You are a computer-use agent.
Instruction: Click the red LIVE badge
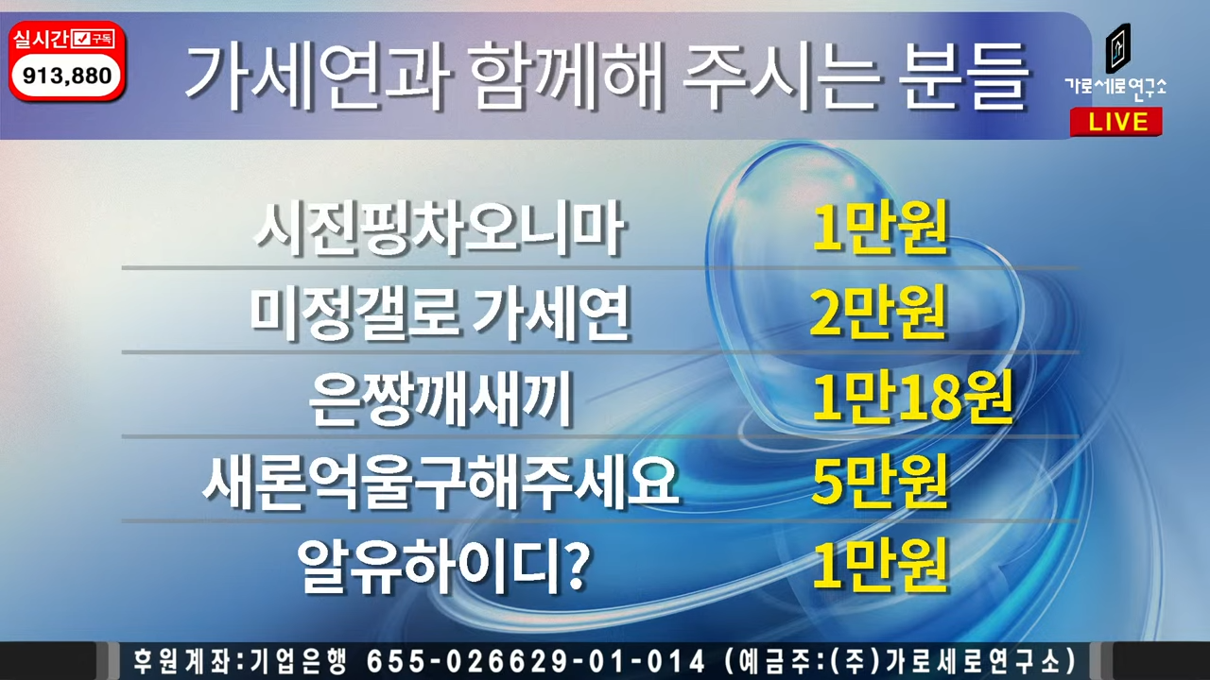point(1116,122)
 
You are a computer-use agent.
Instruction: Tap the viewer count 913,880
point(67,76)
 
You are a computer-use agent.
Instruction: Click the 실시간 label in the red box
point(42,39)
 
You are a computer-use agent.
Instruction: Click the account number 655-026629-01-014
point(536,659)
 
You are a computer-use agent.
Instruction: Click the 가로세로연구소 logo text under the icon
point(1115,86)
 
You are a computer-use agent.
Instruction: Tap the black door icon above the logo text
point(1117,47)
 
